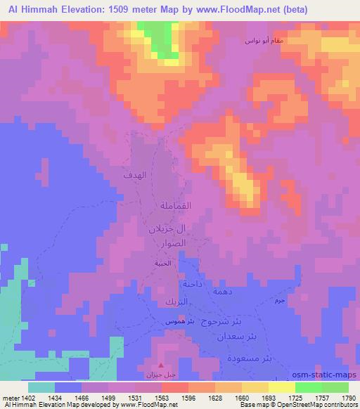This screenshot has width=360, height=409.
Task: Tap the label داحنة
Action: (193, 285)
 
